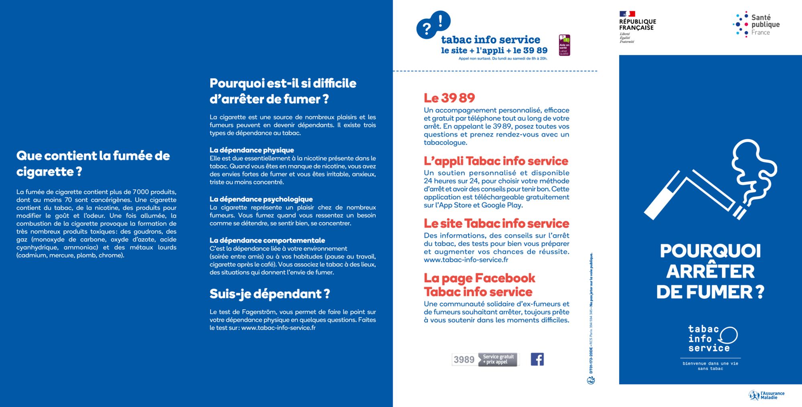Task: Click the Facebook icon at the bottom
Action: click(x=537, y=359)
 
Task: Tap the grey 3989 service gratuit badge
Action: click(x=485, y=359)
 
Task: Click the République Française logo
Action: click(x=637, y=26)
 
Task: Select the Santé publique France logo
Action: click(x=756, y=24)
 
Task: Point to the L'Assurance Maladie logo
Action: click(x=767, y=395)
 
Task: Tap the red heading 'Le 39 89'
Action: click(x=449, y=98)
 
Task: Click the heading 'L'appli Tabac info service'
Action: click(x=496, y=161)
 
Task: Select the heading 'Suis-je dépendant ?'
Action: click(x=269, y=294)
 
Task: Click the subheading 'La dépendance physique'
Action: click(x=251, y=150)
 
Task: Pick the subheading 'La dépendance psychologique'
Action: click(x=261, y=199)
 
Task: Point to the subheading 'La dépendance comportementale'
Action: click(x=267, y=240)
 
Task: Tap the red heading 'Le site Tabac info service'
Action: click(x=496, y=223)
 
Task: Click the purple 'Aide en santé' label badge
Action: click(x=564, y=45)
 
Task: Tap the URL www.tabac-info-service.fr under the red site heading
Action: click(x=466, y=260)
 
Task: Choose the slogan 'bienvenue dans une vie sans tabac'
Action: click(x=710, y=366)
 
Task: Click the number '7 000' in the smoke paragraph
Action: click(x=140, y=192)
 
